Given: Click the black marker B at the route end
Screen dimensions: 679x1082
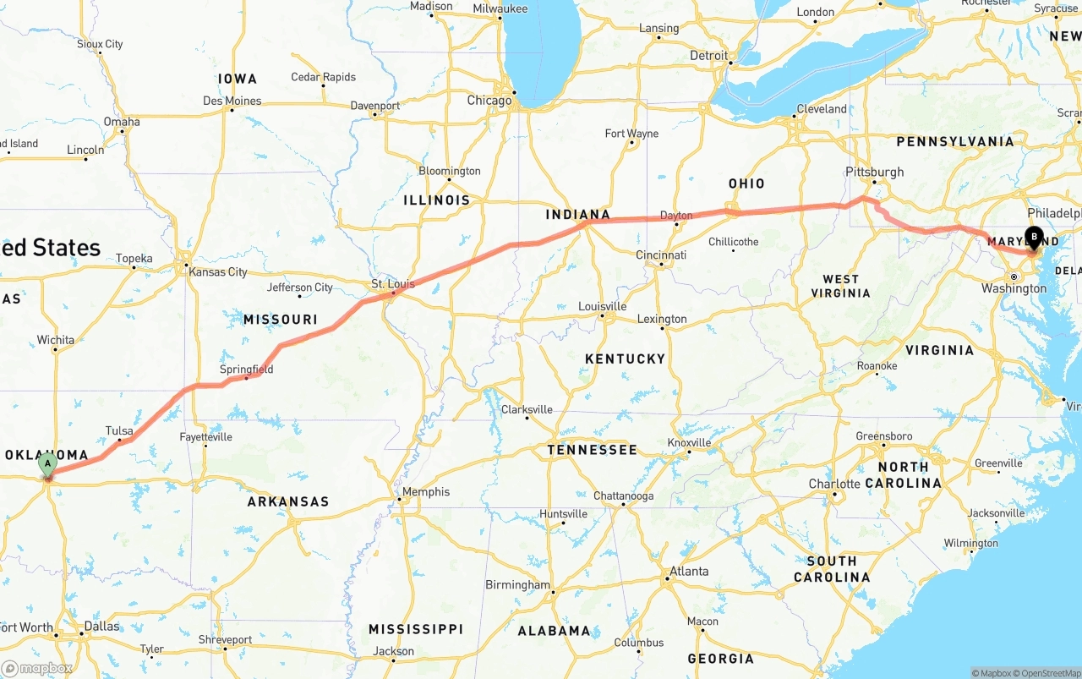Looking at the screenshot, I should (x=1033, y=238).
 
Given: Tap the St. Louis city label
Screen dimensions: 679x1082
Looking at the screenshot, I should (x=393, y=284).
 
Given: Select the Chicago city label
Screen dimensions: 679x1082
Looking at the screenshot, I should (x=489, y=101).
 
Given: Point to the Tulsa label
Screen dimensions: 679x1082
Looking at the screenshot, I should (x=119, y=431).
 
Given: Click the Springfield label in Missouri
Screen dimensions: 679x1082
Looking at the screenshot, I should (x=246, y=370).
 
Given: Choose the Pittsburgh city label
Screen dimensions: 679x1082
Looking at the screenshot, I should (x=874, y=172).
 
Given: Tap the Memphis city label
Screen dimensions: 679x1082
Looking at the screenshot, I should (x=426, y=492).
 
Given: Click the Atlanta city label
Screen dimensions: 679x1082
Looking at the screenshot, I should (x=689, y=572).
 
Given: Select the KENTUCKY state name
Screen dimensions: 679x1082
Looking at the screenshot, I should (x=625, y=359).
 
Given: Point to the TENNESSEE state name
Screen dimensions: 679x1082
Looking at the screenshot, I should (x=592, y=450).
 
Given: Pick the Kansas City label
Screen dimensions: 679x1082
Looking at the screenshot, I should (x=218, y=272).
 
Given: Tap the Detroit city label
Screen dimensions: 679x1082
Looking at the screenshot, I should (x=708, y=56).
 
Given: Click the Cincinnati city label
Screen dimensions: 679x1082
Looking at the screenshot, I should (x=661, y=255).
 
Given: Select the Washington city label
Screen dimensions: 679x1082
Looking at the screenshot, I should (x=1014, y=288).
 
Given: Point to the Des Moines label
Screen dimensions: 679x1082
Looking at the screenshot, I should (x=232, y=101).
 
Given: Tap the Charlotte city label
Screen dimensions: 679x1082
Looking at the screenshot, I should (x=834, y=485).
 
